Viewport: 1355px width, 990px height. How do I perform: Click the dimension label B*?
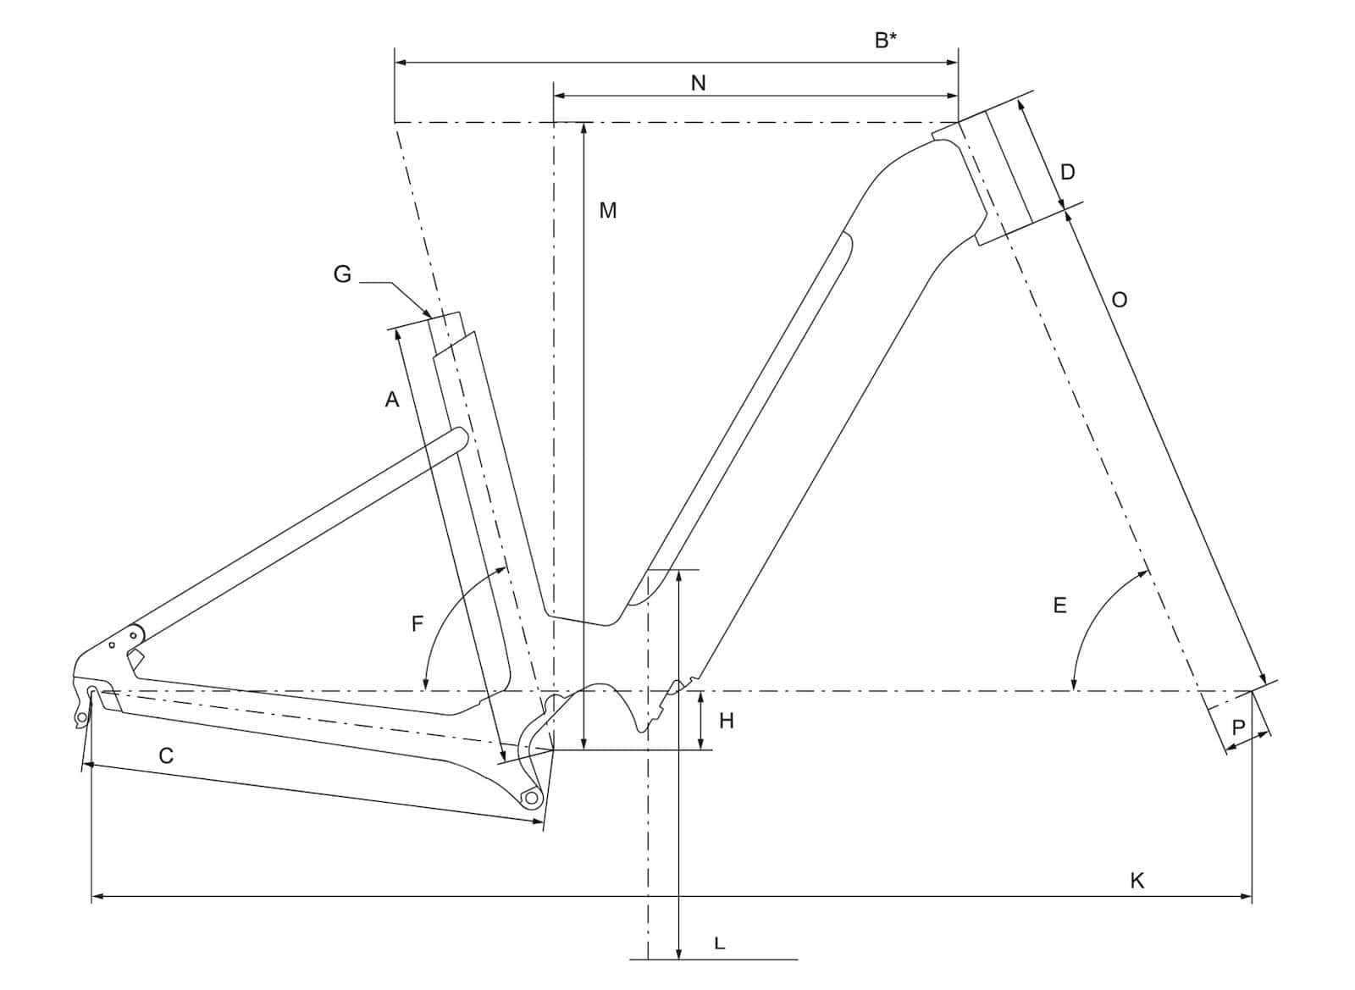click(x=886, y=40)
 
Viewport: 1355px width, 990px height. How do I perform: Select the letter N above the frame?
click(x=698, y=83)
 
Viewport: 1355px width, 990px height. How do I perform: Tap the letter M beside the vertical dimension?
click(x=607, y=211)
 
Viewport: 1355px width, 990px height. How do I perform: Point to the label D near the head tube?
click(x=1068, y=173)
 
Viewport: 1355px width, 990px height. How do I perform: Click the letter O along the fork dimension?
click(x=1119, y=299)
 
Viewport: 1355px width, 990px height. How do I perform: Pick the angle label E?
click(x=1059, y=606)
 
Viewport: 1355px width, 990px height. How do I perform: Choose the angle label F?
click(x=417, y=623)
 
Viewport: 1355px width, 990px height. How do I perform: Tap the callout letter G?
click(x=342, y=274)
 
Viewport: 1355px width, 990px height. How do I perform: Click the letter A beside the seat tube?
click(x=392, y=399)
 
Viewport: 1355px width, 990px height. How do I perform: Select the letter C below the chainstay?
click(x=166, y=755)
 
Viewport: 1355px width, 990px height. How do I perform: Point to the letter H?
click(x=727, y=721)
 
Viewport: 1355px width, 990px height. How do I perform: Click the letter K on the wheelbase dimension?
click(x=1137, y=881)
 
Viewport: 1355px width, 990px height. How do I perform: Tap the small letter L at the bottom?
click(x=719, y=943)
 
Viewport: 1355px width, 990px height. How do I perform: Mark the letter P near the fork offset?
click(x=1238, y=727)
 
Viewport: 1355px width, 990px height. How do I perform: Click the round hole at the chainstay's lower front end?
click(x=531, y=798)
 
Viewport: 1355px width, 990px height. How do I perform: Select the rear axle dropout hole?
click(x=92, y=692)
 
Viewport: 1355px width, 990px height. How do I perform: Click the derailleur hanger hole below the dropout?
click(x=81, y=717)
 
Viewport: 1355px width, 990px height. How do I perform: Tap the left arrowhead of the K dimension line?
click(x=97, y=896)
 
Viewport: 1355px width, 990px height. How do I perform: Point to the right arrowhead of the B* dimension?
click(x=953, y=63)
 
